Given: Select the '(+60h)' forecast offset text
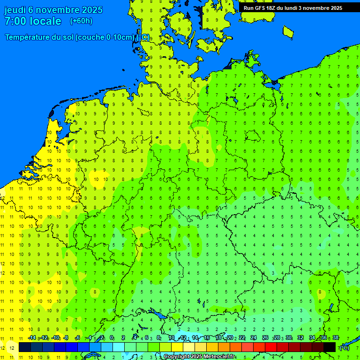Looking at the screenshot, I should [x=81, y=21].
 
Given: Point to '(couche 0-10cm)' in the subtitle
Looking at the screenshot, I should [x=105, y=37].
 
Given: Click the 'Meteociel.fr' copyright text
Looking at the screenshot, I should [x=219, y=357].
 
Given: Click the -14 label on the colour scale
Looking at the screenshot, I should [x=32, y=338].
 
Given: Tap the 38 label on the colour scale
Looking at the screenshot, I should [x=335, y=338].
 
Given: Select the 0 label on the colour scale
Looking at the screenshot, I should [x=112, y=338].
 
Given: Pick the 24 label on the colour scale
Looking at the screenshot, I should [x=253, y=338].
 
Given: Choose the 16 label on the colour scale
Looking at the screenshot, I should [x=206, y=338].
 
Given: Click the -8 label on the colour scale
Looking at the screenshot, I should [x=66, y=338].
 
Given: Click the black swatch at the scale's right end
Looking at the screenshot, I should [x=330, y=347].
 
